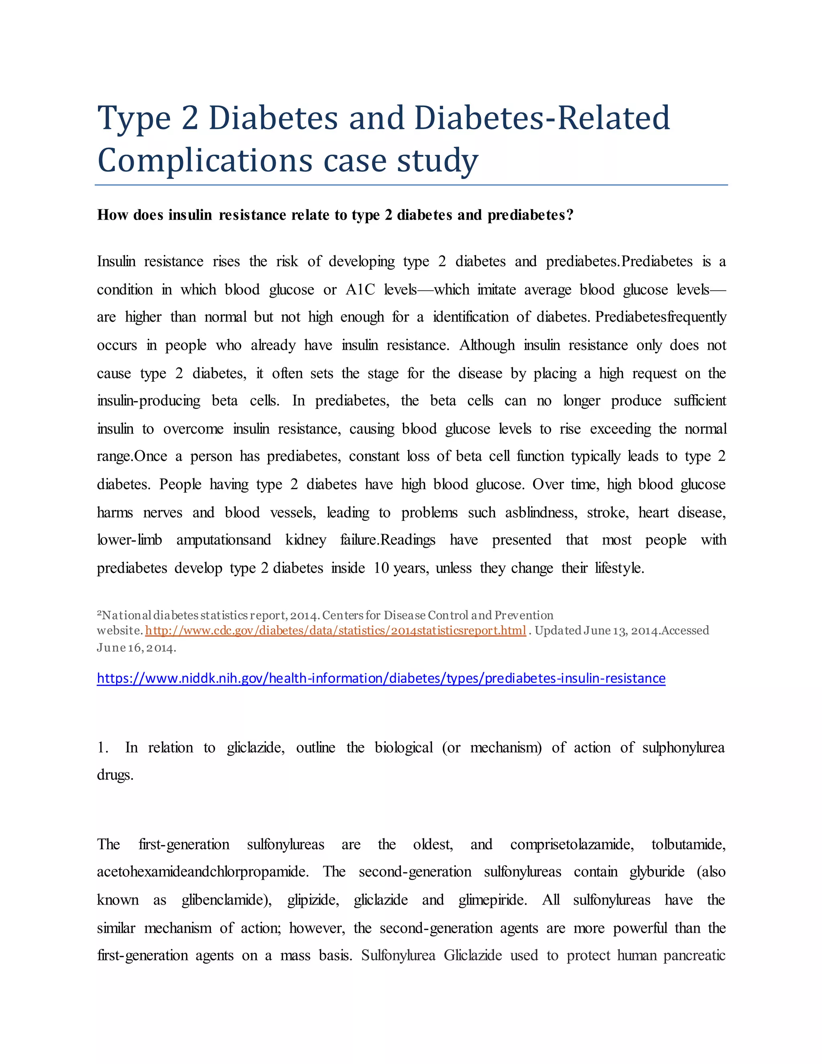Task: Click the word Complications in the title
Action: coord(205,161)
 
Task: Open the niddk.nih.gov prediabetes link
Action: coord(381,678)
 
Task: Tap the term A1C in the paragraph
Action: coord(360,289)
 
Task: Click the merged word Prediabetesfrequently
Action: coord(660,317)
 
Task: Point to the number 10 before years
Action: coord(381,568)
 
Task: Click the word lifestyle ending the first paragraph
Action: coord(619,568)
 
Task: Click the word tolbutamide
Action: coord(688,844)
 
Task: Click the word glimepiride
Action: coord(492,900)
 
